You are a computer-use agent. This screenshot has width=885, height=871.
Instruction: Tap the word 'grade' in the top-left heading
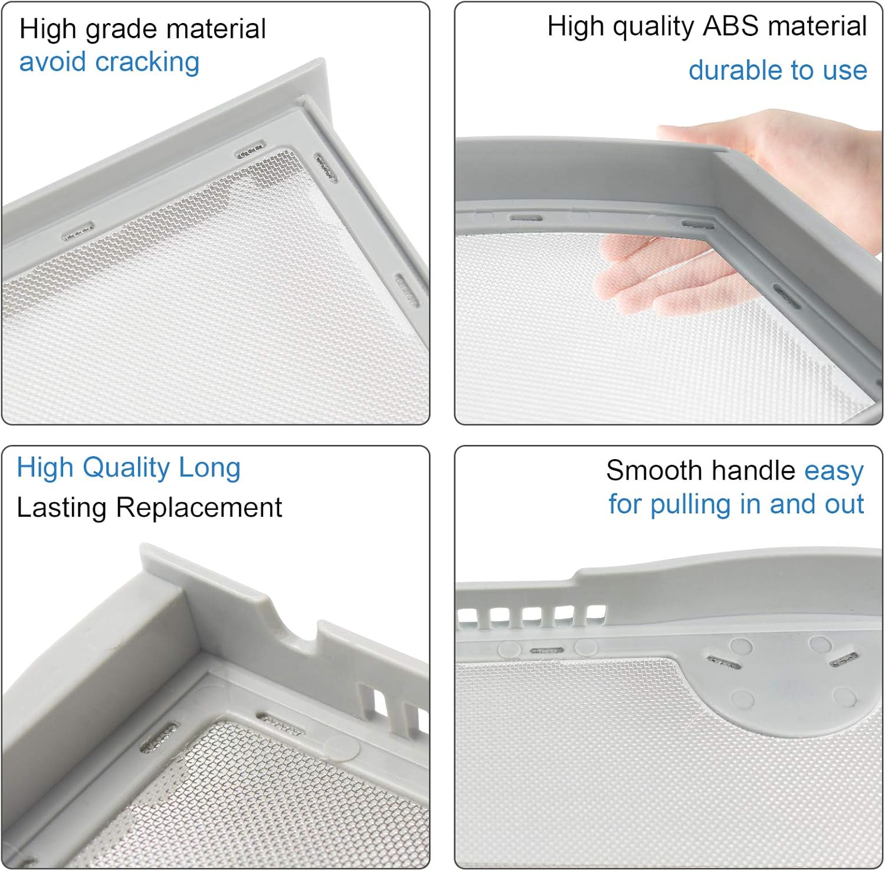[x=116, y=30]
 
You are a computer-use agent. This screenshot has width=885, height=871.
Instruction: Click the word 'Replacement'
[x=199, y=507]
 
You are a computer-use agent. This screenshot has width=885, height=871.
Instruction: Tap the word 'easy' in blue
[x=834, y=471]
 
